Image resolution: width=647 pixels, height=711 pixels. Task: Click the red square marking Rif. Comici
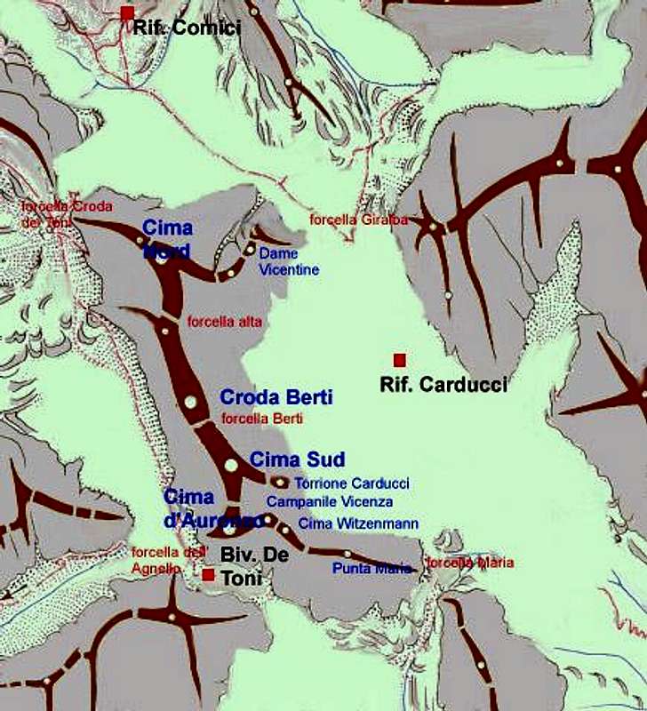127,12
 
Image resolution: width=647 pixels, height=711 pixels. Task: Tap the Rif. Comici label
187,28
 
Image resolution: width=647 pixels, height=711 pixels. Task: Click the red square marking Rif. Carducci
399,360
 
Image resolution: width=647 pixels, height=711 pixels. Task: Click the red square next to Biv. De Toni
207,575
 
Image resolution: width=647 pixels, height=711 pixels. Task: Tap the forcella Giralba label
358,220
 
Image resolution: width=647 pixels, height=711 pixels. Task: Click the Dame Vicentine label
288,261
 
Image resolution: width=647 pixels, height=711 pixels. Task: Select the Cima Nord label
167,239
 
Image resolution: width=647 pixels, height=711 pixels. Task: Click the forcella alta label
224,322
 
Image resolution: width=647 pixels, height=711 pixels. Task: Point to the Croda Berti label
276,397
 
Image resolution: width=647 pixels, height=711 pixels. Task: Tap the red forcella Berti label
262,418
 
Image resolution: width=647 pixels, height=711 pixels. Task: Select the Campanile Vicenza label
329,502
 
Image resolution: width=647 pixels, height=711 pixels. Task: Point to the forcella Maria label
470,563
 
